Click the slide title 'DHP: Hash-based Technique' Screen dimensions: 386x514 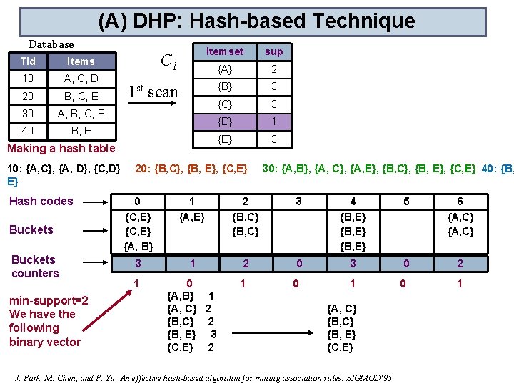(x=256, y=21)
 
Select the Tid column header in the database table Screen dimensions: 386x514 (x=29, y=61)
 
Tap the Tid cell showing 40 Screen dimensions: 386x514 (x=29, y=131)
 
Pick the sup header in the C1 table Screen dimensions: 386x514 (x=273, y=51)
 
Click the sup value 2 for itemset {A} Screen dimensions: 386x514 (x=273, y=69)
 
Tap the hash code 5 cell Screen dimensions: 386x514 (x=406, y=202)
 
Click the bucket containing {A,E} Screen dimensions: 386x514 (x=191, y=217)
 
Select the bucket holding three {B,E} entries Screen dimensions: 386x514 (x=353, y=232)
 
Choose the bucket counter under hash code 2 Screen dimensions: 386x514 (x=246, y=264)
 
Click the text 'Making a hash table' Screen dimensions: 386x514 (x=61, y=149)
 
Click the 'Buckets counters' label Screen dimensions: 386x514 (x=35, y=267)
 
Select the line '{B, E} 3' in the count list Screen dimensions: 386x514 (x=191, y=335)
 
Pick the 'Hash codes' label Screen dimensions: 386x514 (x=41, y=202)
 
